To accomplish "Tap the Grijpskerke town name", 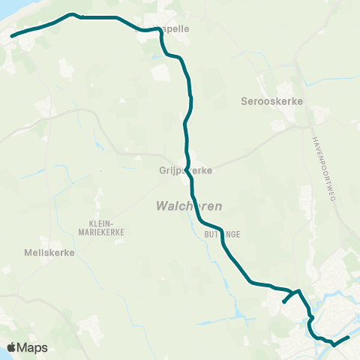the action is click(185, 170).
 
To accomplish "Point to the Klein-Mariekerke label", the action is click(106, 228).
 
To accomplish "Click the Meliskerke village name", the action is click(49, 253).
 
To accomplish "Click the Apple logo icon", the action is click(13, 347).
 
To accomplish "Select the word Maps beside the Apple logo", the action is click(34, 347).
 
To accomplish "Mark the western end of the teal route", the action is click(10, 34).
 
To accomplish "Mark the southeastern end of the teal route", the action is click(349, 338).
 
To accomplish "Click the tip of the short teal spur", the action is click(283, 303).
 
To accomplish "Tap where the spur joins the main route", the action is click(298, 291).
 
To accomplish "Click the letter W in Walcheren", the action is click(160, 205).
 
